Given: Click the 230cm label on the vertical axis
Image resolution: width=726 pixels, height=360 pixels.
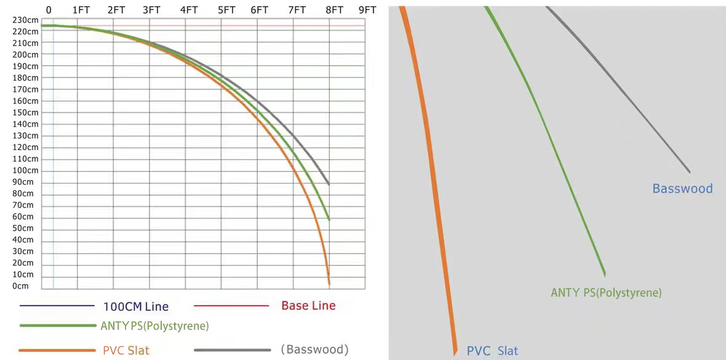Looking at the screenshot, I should (x=25, y=20).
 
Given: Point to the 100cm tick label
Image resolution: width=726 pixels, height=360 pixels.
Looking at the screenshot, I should (x=25, y=170).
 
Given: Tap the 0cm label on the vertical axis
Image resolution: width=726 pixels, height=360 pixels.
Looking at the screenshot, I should (x=21, y=286).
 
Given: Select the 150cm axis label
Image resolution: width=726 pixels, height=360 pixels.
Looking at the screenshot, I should (x=25, y=113).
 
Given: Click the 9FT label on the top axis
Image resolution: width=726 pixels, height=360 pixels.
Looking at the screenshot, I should (x=367, y=10).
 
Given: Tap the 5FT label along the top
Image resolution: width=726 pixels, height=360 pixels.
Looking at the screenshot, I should (x=226, y=10).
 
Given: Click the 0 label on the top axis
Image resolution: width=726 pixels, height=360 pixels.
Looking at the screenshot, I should (x=49, y=10).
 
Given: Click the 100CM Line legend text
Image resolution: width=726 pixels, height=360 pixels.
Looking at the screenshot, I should (x=135, y=306).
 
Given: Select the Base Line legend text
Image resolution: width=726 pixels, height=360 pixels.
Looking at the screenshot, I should (x=308, y=305).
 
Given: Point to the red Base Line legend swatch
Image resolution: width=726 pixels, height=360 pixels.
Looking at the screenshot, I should (x=231, y=305).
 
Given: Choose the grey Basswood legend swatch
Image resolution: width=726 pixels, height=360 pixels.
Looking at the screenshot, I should (x=232, y=350).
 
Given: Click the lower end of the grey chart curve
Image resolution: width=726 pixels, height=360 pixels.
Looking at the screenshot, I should (x=329, y=183).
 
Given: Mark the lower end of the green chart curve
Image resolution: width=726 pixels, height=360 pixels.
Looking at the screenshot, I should (x=329, y=219).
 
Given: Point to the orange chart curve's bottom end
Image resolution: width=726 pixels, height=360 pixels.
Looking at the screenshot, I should (x=329, y=283).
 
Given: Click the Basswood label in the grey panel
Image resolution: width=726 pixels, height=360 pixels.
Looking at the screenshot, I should (x=682, y=188).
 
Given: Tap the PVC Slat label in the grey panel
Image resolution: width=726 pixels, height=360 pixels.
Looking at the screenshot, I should (x=492, y=351).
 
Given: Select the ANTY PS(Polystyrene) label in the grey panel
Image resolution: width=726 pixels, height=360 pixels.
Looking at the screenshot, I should (x=606, y=293).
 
